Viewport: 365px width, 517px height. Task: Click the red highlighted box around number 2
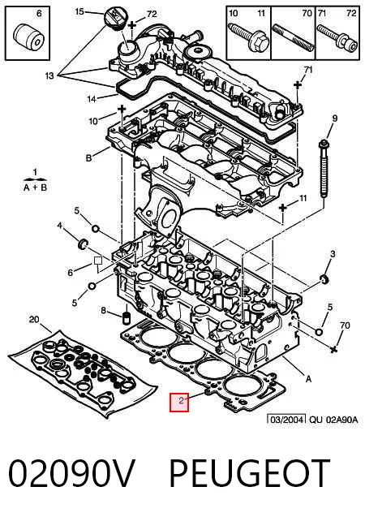click(179, 403)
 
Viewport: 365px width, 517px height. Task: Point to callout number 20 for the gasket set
click(34, 319)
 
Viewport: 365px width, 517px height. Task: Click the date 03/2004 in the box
click(286, 420)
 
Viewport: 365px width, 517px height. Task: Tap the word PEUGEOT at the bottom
click(249, 473)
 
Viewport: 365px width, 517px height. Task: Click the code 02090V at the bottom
click(72, 473)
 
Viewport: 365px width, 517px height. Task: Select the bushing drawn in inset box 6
click(28, 36)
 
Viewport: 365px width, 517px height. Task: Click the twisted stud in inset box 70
click(293, 37)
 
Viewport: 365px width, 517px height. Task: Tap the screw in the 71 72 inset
click(337, 37)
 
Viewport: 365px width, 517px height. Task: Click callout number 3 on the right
click(333, 254)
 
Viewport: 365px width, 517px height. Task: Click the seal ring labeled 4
click(83, 244)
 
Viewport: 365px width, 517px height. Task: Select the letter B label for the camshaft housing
click(89, 158)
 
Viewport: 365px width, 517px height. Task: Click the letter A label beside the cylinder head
click(308, 379)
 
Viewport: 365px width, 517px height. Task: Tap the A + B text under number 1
click(35, 188)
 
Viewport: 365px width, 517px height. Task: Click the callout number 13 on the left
click(49, 75)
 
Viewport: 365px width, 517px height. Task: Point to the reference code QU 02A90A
click(333, 420)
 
